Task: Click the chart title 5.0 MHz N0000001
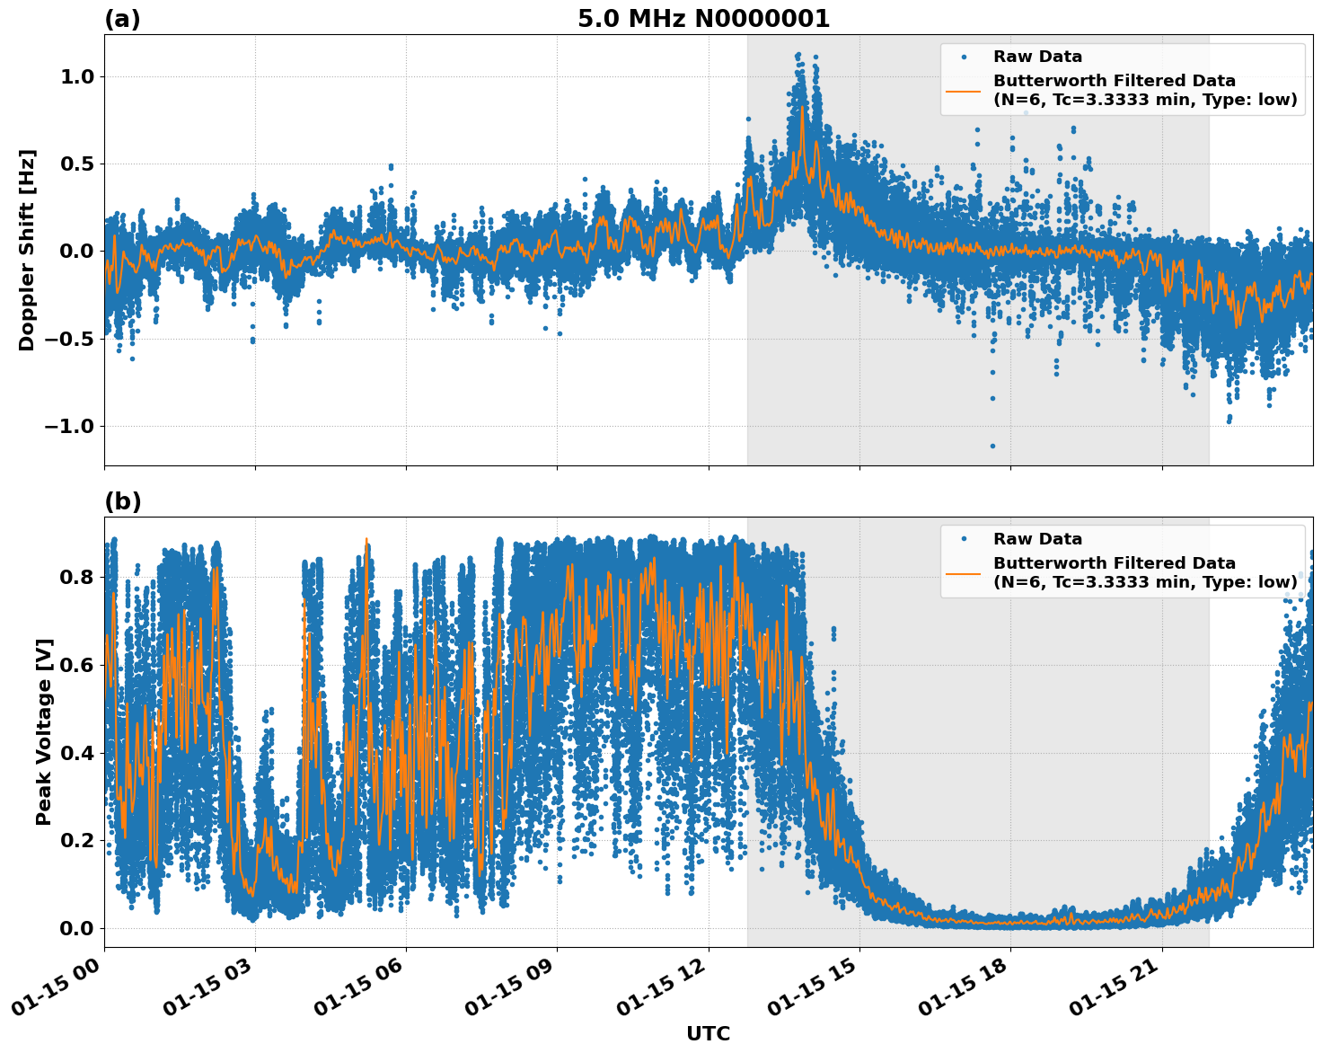(703, 19)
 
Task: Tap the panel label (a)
(122, 19)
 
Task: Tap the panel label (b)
(122, 501)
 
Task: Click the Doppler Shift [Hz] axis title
(27, 250)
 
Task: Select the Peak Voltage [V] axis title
(44, 731)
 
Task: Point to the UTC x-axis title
(708, 1033)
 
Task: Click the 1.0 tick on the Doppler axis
(76, 77)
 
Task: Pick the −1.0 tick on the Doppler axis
(70, 426)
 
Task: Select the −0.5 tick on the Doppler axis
(70, 339)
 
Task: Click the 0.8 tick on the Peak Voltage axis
(76, 577)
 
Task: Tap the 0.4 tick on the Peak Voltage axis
(76, 753)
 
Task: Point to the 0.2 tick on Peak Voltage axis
(76, 840)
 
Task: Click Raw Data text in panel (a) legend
(1037, 57)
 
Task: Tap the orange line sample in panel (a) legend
(964, 90)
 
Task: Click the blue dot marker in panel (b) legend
(964, 539)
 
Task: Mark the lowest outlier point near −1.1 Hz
(992, 446)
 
